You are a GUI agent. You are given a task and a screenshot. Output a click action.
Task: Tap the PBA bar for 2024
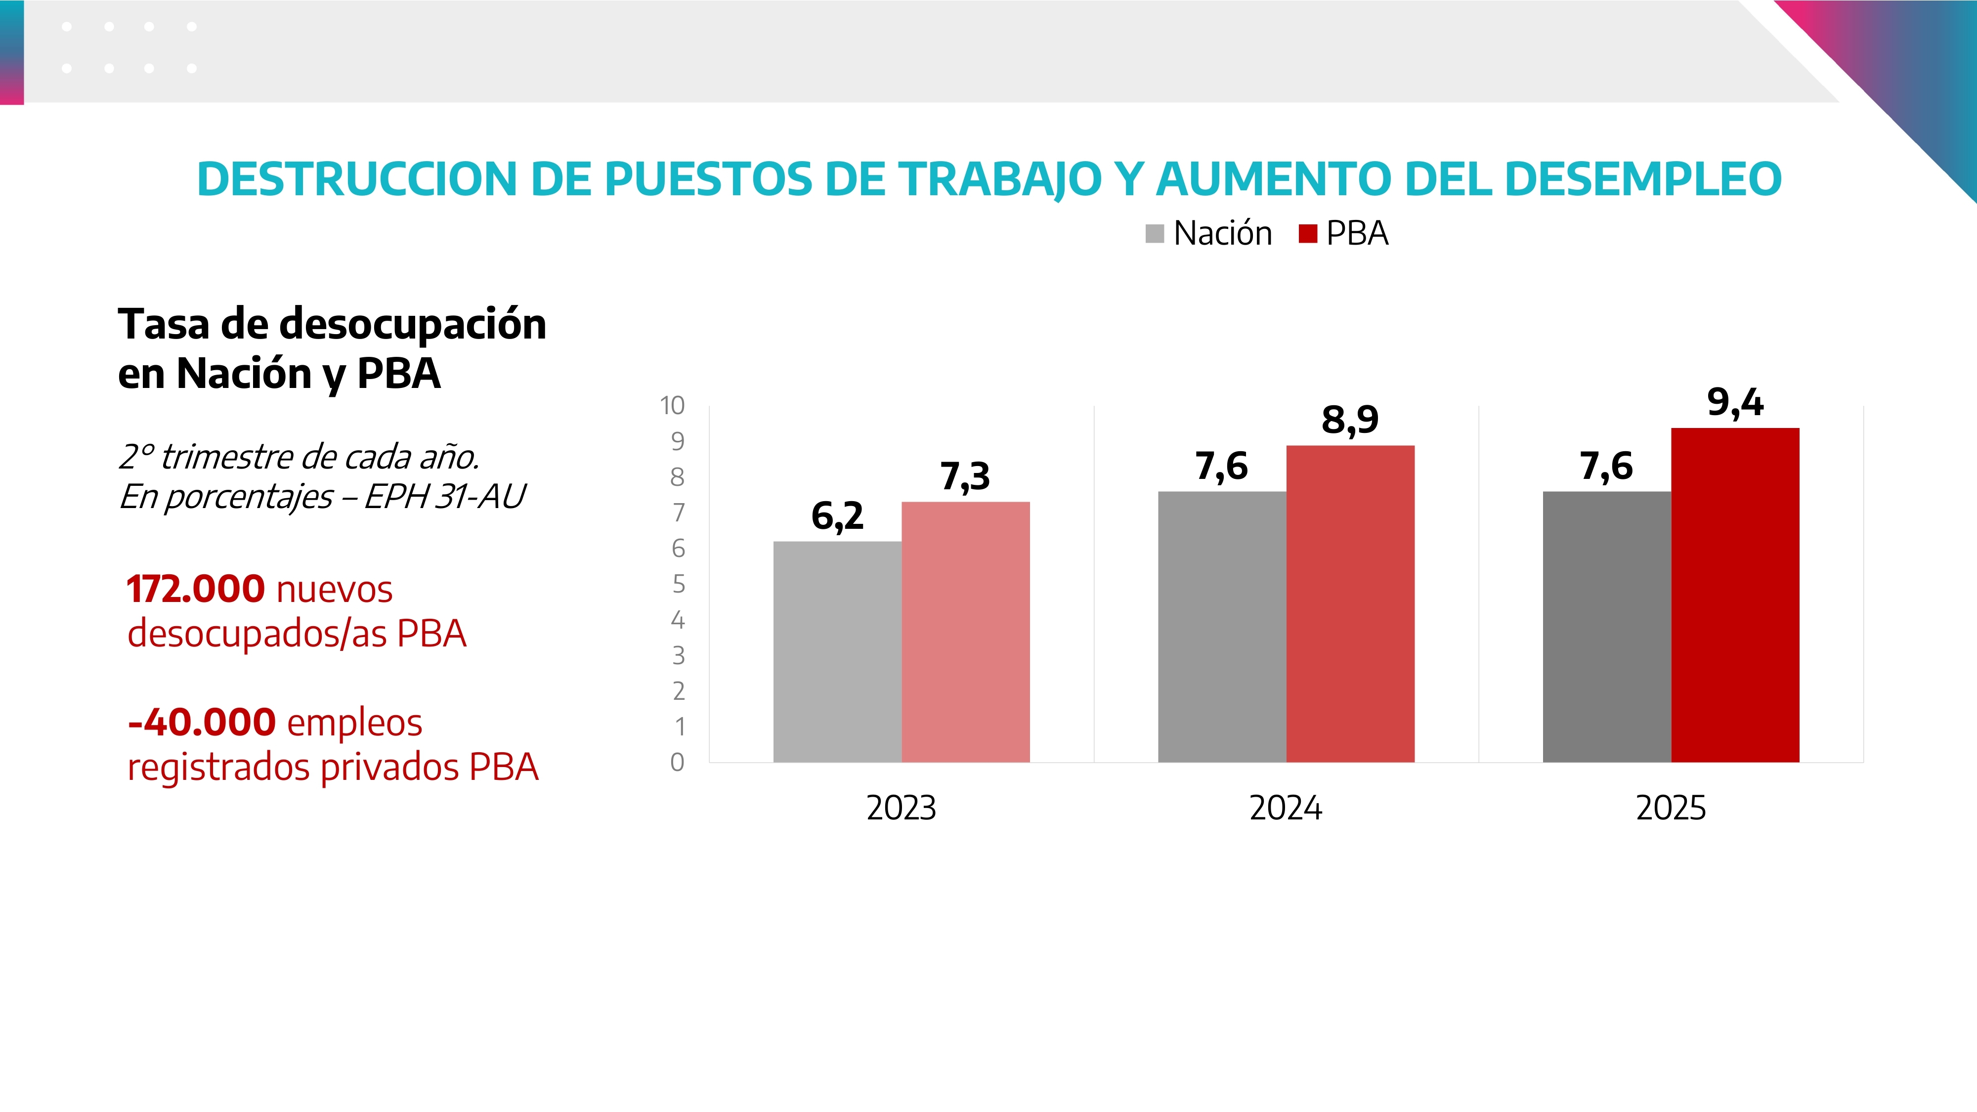point(1350,604)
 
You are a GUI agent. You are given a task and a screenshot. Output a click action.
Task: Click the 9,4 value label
point(1735,402)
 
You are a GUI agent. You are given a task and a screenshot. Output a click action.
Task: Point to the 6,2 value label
point(837,515)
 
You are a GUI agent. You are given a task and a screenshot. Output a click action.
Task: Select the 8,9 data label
point(1350,420)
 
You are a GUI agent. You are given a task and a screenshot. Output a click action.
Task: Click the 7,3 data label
point(965,476)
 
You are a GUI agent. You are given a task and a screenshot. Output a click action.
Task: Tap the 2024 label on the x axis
point(1286,808)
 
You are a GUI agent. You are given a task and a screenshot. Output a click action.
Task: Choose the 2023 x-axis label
point(901,808)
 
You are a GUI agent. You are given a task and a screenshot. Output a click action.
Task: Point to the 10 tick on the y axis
point(672,405)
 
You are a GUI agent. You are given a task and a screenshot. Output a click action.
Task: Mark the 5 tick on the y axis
point(679,584)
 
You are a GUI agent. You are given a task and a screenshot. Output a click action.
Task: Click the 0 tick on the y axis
point(677,762)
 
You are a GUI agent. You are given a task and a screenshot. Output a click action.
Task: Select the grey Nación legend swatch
point(1154,233)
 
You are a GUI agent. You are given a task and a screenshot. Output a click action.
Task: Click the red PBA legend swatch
point(1308,233)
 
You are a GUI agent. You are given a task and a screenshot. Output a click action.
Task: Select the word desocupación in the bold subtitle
point(413,324)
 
